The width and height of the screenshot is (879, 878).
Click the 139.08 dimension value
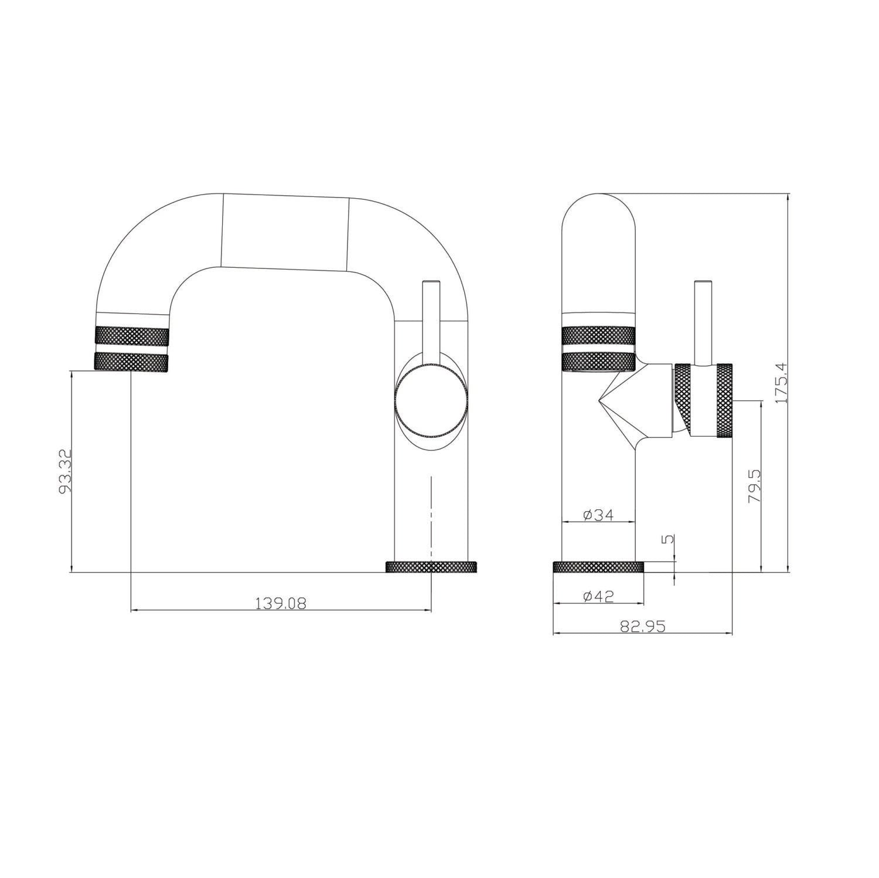click(281, 603)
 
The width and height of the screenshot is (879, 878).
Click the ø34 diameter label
click(598, 515)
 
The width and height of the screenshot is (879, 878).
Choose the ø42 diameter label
click(598, 596)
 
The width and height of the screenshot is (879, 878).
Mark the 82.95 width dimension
click(643, 626)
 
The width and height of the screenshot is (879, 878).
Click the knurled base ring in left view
click(432, 567)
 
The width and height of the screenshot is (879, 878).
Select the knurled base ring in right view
click(598, 567)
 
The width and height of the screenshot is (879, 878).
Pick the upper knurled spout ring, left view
click(131, 336)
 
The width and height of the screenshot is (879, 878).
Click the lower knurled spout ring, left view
click(131, 361)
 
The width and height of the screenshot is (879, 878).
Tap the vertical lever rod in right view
click(702, 322)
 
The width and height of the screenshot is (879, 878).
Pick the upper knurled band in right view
click(598, 336)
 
